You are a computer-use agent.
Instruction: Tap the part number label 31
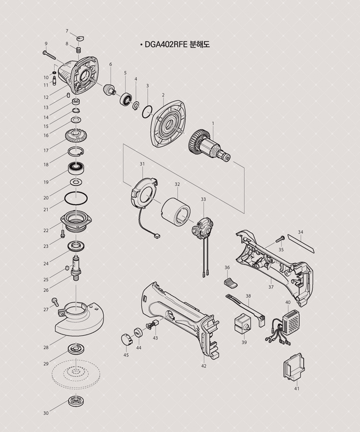[x=142, y=164]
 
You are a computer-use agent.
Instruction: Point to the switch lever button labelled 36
[x=231, y=283]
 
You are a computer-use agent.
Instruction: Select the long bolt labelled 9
[x=50, y=55]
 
